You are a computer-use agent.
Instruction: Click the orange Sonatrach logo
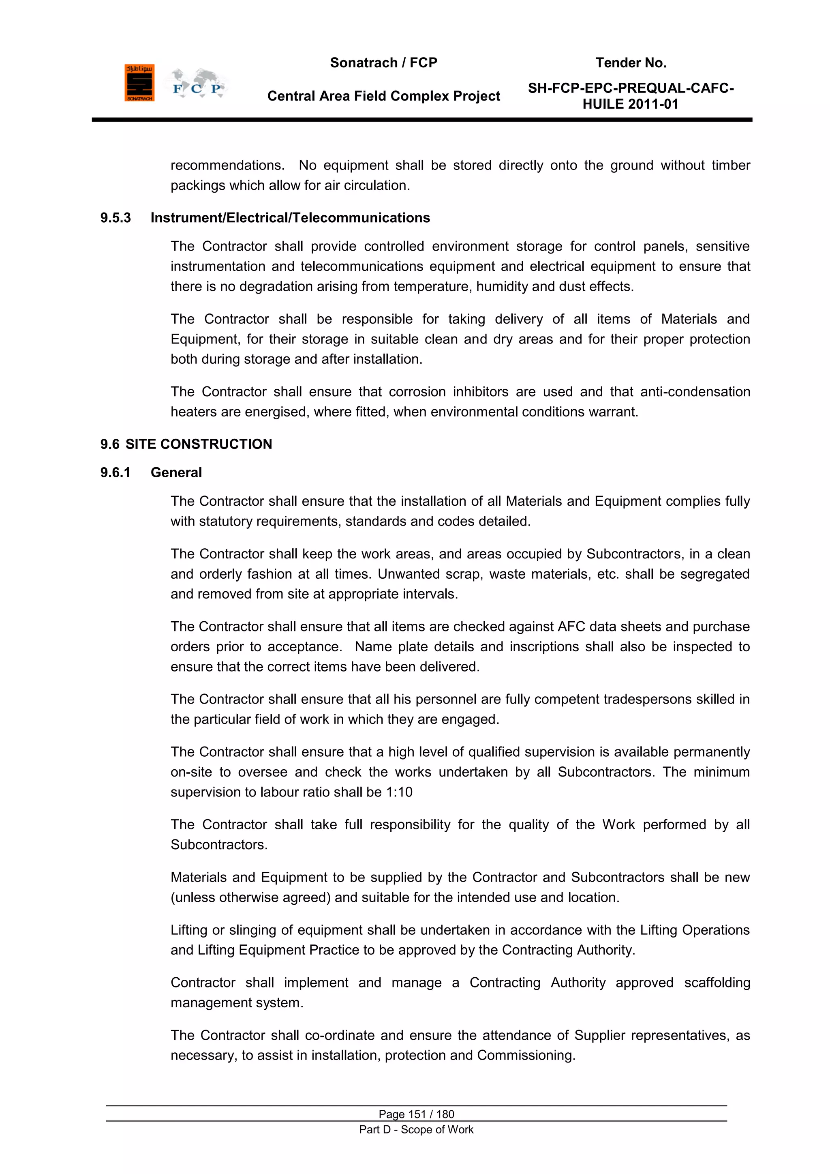point(139,83)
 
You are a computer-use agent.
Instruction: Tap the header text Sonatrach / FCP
point(383,62)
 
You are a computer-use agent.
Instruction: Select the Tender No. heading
point(630,62)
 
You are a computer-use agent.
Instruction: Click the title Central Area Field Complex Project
point(383,96)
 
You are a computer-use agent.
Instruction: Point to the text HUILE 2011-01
point(630,104)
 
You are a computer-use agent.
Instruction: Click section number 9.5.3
point(116,218)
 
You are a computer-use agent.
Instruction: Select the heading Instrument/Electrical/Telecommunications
point(290,218)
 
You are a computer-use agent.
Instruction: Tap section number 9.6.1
point(116,472)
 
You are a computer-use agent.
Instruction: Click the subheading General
point(176,472)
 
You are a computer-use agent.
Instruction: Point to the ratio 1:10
point(399,792)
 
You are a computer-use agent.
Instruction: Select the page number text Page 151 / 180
point(416,1114)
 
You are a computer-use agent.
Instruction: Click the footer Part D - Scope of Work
point(416,1129)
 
